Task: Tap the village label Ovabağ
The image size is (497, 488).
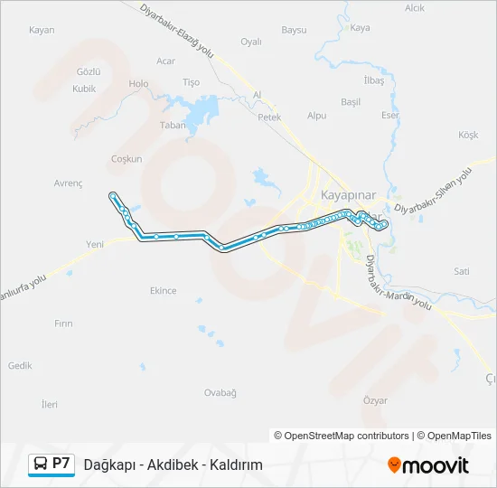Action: (220, 392)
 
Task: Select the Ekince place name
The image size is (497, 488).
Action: (163, 291)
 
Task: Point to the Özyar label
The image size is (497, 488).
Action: (374, 399)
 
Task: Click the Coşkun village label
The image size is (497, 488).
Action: (127, 159)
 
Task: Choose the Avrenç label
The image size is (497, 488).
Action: (68, 183)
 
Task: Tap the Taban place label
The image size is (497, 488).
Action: (172, 126)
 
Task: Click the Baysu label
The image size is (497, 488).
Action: (295, 30)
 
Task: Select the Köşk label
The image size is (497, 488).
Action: (468, 135)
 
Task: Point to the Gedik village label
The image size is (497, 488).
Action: (20, 366)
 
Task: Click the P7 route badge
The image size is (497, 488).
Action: (61, 463)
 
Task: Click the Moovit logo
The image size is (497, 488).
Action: (428, 465)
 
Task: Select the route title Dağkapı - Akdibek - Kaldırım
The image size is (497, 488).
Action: (173, 465)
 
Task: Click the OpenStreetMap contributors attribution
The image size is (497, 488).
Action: (342, 436)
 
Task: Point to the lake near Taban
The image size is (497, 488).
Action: (201, 114)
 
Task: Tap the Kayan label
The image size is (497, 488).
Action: (42, 30)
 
